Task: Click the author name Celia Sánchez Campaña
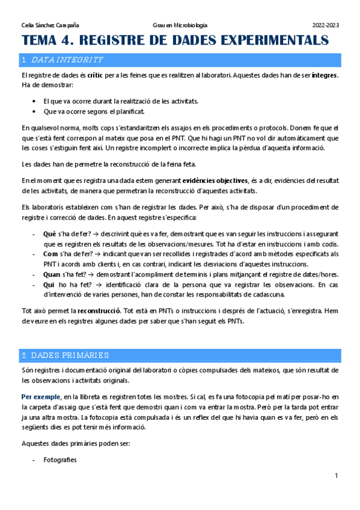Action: [x=50, y=25]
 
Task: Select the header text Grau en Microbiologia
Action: [x=180, y=25]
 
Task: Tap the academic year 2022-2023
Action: [x=325, y=25]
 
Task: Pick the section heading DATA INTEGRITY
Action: [x=67, y=60]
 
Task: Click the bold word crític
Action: [x=95, y=75]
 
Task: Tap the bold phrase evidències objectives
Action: [x=215, y=180]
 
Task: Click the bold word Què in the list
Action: [x=50, y=232]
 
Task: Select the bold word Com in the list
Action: [x=51, y=254]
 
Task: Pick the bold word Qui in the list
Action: [x=49, y=285]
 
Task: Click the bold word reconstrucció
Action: [x=99, y=311]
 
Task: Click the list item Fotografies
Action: [x=60, y=459]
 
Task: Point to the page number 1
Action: [x=337, y=476]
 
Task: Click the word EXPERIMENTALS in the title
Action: [x=273, y=41]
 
